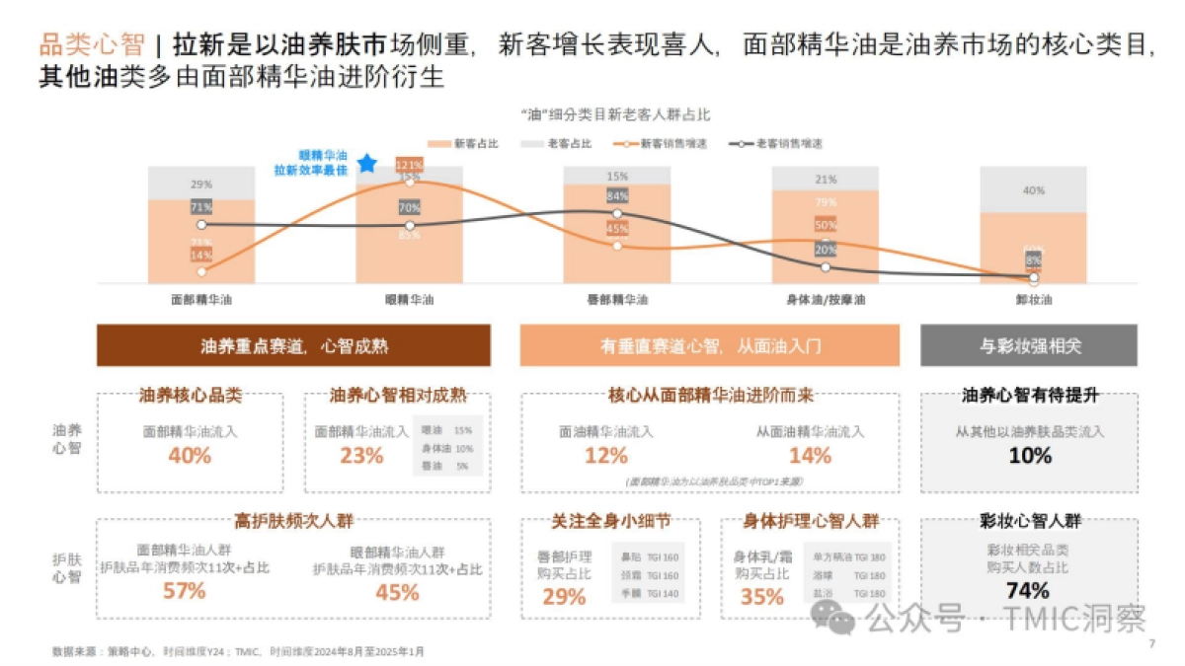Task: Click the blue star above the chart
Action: point(367,163)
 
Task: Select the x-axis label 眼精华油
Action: point(409,299)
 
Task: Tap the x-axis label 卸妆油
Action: point(1033,299)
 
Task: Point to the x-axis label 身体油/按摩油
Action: point(825,299)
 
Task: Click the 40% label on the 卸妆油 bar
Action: point(1033,190)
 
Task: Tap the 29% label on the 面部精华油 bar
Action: point(201,185)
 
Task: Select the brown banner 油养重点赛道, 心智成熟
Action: point(293,346)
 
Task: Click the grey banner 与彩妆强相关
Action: point(1029,346)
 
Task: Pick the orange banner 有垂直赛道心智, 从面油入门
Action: point(709,346)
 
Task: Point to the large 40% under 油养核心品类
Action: point(190,456)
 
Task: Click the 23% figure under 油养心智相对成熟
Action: point(361,456)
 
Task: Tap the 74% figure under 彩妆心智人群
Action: point(1029,591)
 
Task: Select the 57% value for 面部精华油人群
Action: point(184,591)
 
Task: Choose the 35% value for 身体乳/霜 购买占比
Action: point(761,596)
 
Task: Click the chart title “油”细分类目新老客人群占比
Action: point(614,114)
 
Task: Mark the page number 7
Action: point(1151,644)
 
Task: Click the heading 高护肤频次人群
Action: point(293,521)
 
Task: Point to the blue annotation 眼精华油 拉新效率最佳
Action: point(310,163)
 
